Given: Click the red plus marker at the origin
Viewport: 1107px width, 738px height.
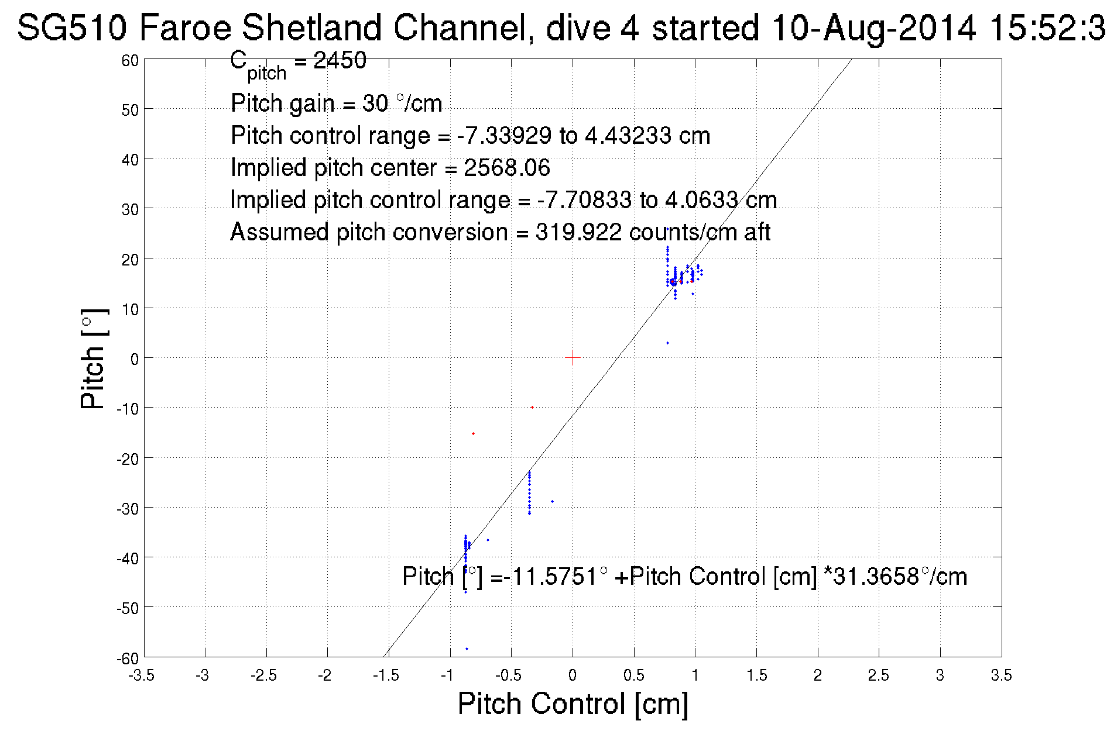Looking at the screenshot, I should coord(573,357).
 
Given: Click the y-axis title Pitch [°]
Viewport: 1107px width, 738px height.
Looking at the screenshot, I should coord(94,358).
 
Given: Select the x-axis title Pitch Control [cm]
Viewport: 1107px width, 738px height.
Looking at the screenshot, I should coord(573,703).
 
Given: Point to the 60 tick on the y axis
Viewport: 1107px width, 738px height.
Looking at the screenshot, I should coord(131,60).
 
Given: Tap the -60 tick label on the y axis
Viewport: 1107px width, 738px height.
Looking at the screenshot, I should coord(128,658).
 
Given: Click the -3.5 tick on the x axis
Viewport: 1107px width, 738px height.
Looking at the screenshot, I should coord(142,675).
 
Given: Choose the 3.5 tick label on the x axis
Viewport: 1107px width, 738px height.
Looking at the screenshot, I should coord(1001,675).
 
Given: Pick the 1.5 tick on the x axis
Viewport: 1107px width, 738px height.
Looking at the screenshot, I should coord(756,675).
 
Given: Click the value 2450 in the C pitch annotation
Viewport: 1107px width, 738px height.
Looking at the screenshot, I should coord(340,60).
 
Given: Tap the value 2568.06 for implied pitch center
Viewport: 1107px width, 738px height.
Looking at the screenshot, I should coord(507,168).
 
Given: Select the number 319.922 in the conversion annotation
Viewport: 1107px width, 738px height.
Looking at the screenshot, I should coord(578,232).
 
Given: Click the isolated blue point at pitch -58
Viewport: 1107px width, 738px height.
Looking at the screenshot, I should coord(467,649).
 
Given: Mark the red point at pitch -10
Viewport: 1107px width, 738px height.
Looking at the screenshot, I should coord(532,407).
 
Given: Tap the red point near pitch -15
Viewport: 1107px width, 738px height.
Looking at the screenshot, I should coord(473,433).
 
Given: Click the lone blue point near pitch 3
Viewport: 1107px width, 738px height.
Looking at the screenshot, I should coord(667,343).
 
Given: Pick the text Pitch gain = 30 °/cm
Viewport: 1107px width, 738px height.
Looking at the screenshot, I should coord(336,104).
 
